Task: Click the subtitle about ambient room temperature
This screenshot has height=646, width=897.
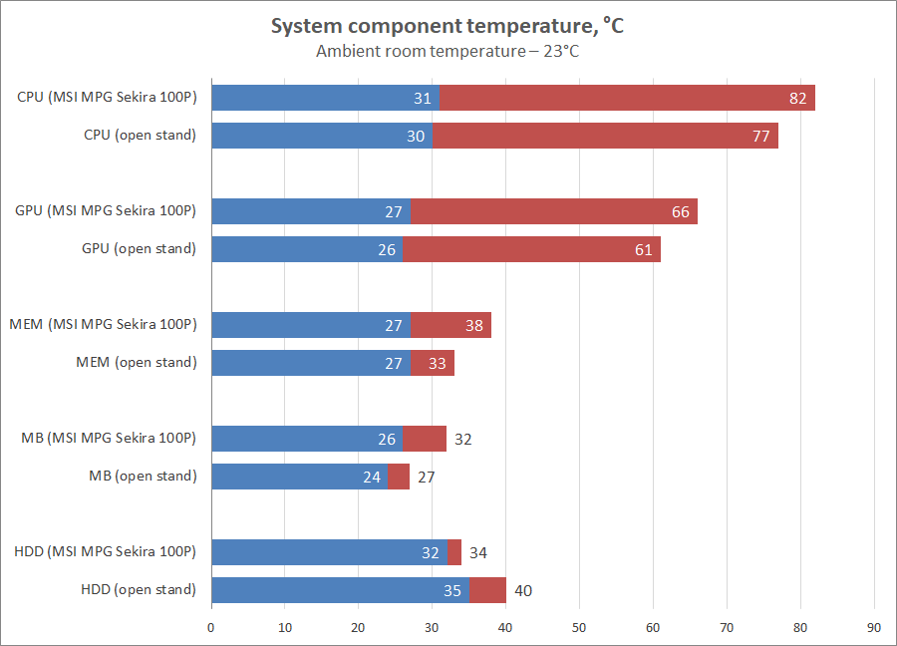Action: pyautogui.click(x=448, y=52)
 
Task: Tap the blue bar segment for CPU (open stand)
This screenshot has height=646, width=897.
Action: pyautogui.click(x=321, y=136)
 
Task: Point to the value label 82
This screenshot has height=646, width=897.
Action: pyautogui.click(x=797, y=98)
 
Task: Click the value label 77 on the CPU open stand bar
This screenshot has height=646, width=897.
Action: pyautogui.click(x=761, y=137)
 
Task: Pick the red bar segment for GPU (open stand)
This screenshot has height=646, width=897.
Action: pyautogui.click(x=531, y=249)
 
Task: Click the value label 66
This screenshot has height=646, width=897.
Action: pyautogui.click(x=680, y=211)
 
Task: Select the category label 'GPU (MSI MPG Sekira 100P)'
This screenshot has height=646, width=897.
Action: pyautogui.click(x=106, y=210)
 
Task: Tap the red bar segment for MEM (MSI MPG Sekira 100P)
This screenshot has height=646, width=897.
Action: pyautogui.click(x=450, y=325)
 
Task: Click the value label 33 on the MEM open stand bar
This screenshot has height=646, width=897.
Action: pyautogui.click(x=437, y=363)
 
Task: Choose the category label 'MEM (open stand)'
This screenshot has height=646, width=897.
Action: pyautogui.click(x=137, y=362)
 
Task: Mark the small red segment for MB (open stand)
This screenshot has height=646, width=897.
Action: pyautogui.click(x=399, y=477)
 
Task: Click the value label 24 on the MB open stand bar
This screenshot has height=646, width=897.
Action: pyautogui.click(x=372, y=478)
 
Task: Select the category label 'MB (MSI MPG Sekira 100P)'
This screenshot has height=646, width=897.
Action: pyautogui.click(x=109, y=438)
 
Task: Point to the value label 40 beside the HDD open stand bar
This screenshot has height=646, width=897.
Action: pyautogui.click(x=523, y=590)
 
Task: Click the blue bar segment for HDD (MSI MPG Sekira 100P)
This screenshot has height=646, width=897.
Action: pyautogui.click(x=329, y=552)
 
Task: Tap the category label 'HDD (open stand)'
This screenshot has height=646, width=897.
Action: pyautogui.click(x=139, y=589)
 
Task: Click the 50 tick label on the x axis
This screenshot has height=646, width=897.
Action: pyautogui.click(x=579, y=628)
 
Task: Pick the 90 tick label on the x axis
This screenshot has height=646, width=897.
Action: pyautogui.click(x=874, y=628)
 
